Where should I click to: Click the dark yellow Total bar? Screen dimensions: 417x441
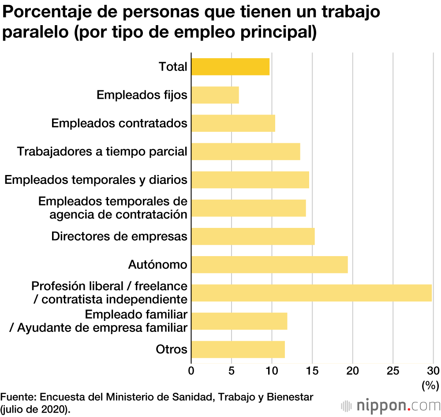pyautogui.click(x=230, y=67)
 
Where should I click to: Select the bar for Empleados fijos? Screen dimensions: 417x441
pyautogui.click(x=215, y=95)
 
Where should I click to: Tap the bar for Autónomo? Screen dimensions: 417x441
pyautogui.click(x=269, y=264)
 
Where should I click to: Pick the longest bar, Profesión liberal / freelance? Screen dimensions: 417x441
pyautogui.click(x=311, y=293)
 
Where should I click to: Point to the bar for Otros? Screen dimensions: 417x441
pyautogui.click(x=238, y=350)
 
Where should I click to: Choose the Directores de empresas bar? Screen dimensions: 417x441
pyautogui.click(x=253, y=236)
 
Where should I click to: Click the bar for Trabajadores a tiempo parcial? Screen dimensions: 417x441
pyautogui.click(x=246, y=152)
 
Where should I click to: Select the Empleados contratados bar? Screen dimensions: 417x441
pyautogui.click(x=233, y=123)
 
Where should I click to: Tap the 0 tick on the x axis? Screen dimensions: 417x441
pyautogui.click(x=191, y=371)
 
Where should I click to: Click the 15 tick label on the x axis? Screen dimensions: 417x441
pyautogui.click(x=312, y=371)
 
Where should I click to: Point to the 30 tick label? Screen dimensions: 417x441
pyautogui.click(x=433, y=371)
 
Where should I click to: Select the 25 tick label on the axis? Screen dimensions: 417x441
pyautogui.click(x=393, y=371)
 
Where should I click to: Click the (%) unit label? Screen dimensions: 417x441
pyautogui.click(x=430, y=386)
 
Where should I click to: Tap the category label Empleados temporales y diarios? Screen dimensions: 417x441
pyautogui.click(x=96, y=180)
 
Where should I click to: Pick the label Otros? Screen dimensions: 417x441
pyautogui.click(x=172, y=350)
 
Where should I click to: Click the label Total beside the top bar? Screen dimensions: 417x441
pyautogui.click(x=173, y=67)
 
